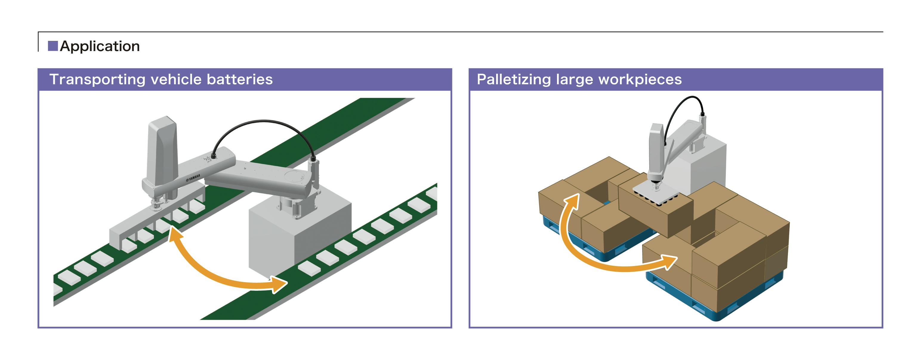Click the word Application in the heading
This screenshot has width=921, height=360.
[100, 46]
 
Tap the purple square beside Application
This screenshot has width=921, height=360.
[53, 46]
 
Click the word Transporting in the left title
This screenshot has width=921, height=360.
[97, 79]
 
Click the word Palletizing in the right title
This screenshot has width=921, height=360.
[514, 79]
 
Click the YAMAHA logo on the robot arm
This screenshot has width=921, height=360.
[193, 177]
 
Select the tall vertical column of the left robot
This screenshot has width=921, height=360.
[163, 150]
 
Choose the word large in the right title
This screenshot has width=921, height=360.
[575, 79]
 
